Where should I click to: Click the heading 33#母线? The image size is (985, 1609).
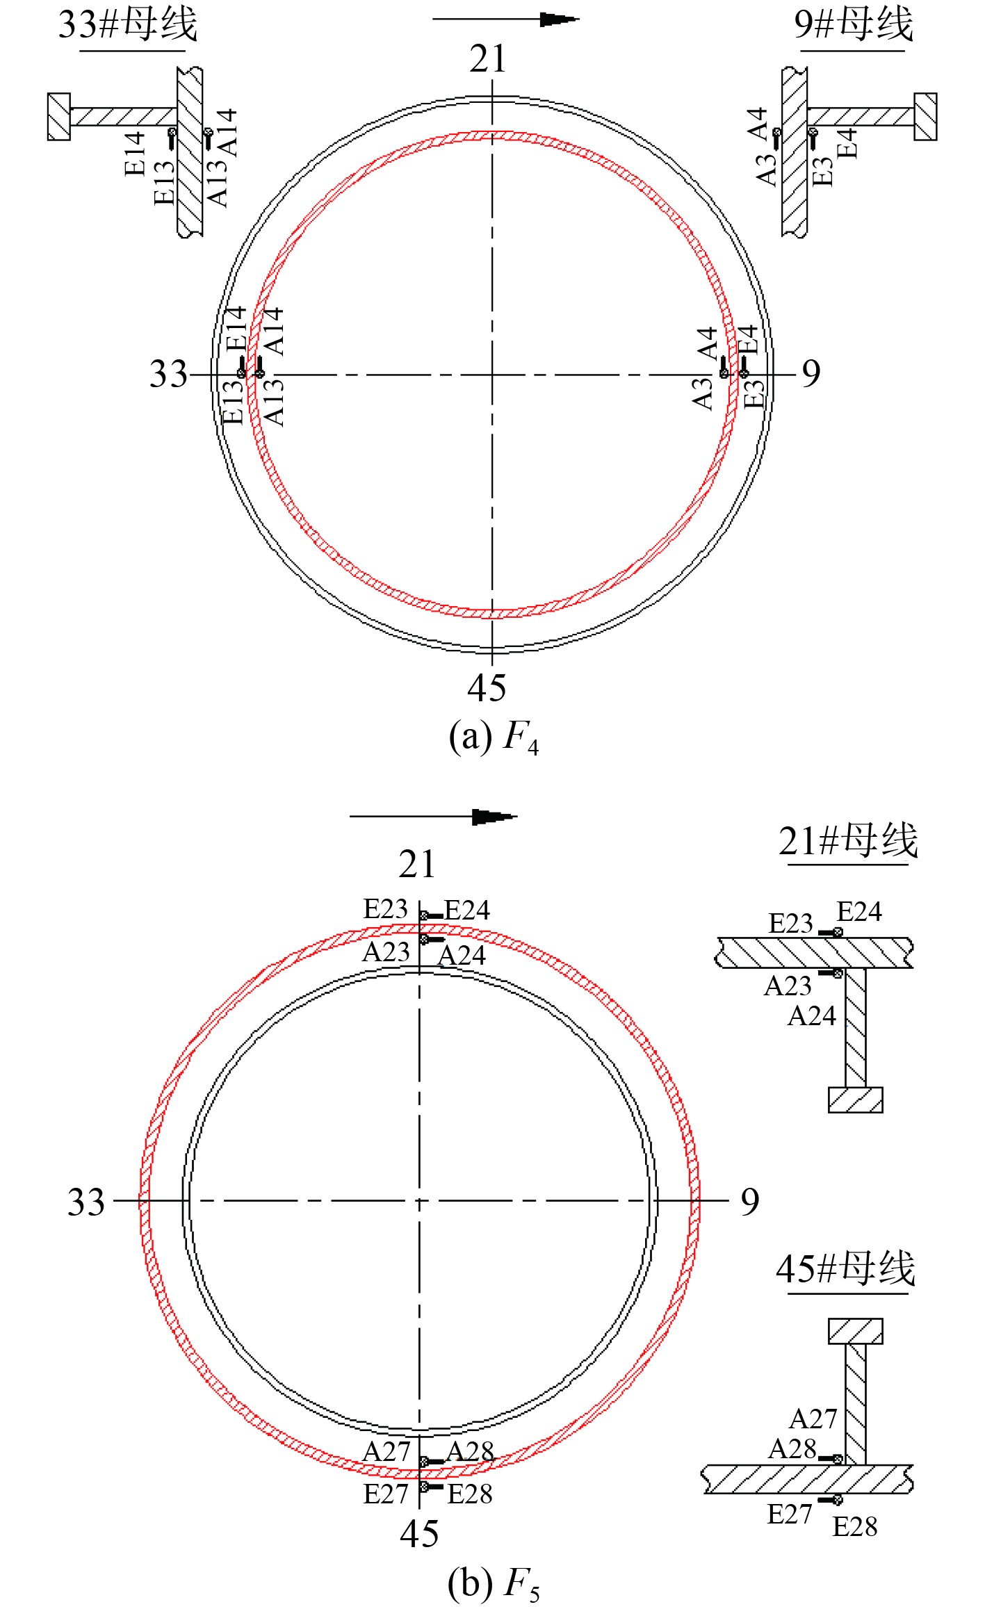pos(128,24)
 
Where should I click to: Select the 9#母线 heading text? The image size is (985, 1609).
pos(853,24)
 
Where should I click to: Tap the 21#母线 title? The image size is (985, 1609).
pos(848,841)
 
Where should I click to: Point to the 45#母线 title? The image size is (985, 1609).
pos(846,1268)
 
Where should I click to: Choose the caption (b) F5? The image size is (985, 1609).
pos(494,1583)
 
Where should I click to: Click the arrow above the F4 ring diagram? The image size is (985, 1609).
pos(505,19)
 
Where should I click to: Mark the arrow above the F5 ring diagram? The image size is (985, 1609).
pos(433,817)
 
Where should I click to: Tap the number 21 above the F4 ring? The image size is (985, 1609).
pos(488,59)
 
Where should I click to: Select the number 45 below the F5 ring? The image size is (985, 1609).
pos(419,1534)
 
